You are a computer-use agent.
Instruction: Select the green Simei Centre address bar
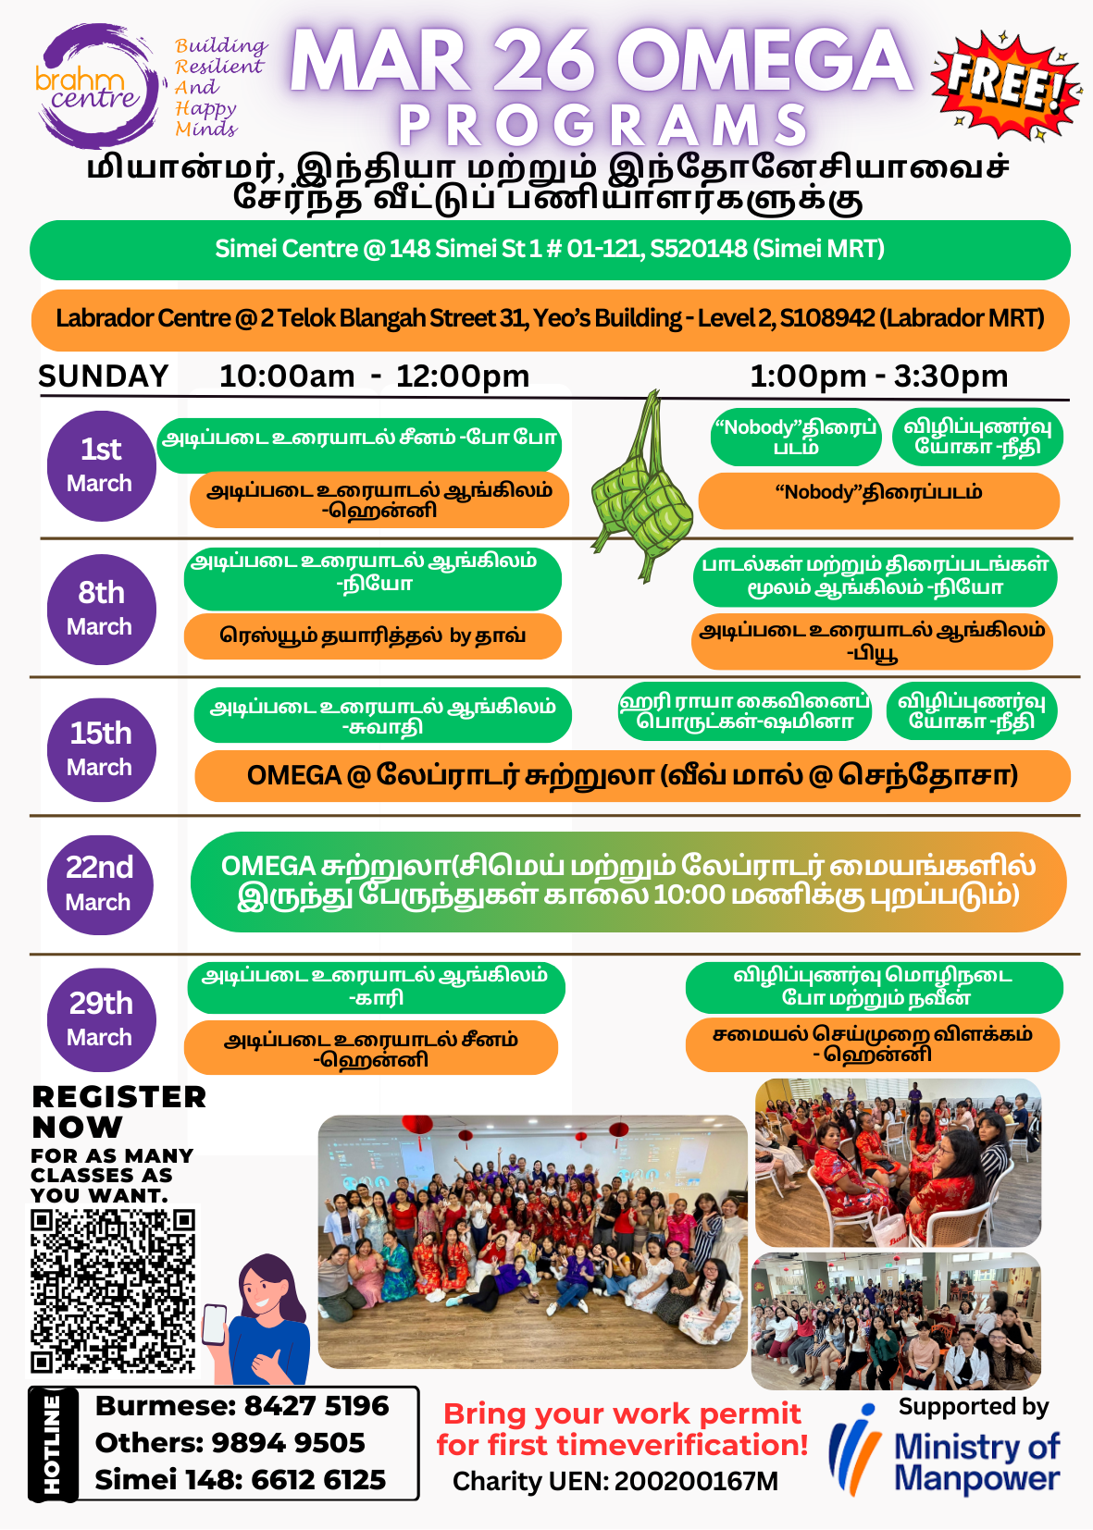coord(550,250)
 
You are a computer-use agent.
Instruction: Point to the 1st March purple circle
coord(101,465)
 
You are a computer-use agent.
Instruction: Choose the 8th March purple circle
coord(101,609)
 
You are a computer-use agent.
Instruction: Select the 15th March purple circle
coord(101,748)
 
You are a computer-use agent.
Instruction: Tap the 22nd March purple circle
coord(100,883)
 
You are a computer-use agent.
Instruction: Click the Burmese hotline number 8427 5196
coord(316,1406)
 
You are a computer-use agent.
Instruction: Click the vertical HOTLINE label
coord(52,1443)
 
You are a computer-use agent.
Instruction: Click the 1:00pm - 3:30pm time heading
coord(878,376)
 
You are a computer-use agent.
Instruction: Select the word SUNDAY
coord(103,376)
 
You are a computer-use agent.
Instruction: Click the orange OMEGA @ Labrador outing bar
coord(632,776)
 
